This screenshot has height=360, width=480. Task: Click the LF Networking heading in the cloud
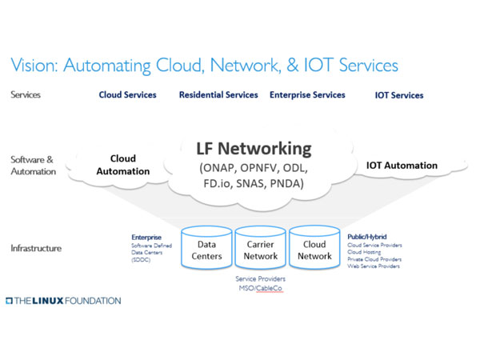(x=254, y=149)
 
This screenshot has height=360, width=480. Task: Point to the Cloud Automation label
(x=123, y=165)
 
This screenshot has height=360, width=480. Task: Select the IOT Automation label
(x=402, y=166)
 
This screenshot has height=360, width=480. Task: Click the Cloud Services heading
(x=127, y=94)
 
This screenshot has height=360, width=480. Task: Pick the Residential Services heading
(x=218, y=94)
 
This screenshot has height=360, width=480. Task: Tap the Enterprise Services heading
(x=307, y=94)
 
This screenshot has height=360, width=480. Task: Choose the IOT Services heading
(x=399, y=95)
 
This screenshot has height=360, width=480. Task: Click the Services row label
(x=27, y=94)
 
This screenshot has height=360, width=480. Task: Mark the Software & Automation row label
(x=32, y=165)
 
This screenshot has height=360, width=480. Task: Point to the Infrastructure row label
(x=37, y=249)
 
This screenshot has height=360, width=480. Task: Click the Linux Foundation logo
(x=63, y=301)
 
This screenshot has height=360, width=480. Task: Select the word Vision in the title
(x=33, y=65)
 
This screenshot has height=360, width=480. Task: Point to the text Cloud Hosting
(x=365, y=252)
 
